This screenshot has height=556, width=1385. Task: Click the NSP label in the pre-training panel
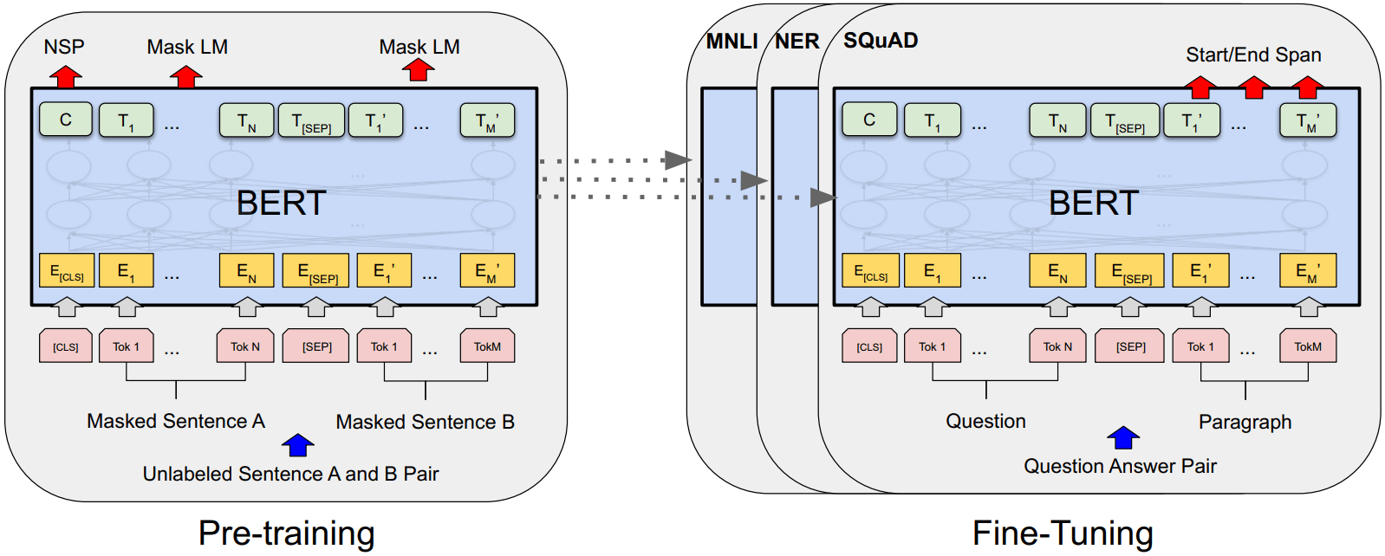(x=64, y=47)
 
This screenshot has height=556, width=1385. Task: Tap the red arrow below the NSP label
(x=65, y=76)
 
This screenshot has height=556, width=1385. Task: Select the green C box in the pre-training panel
(x=65, y=120)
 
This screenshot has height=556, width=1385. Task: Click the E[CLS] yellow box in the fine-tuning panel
(x=870, y=270)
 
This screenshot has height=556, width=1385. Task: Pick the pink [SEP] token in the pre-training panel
(x=316, y=346)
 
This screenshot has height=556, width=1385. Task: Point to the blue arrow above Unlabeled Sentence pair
(x=297, y=445)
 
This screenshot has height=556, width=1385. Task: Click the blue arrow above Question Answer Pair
(x=1123, y=438)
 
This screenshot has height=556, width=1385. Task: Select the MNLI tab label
(x=732, y=42)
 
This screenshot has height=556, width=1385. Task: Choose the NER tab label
(x=797, y=42)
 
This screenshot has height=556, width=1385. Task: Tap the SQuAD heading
(x=881, y=41)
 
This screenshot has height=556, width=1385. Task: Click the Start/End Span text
(x=1253, y=55)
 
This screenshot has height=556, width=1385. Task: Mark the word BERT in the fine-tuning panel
(x=1093, y=204)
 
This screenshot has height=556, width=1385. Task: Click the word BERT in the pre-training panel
(x=281, y=204)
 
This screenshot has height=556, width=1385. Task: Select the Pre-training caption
(x=286, y=533)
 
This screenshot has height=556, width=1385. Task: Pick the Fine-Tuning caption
(x=1063, y=533)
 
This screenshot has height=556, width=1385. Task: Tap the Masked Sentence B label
(x=425, y=422)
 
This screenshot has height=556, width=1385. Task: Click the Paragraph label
(x=1245, y=422)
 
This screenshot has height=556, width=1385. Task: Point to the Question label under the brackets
(x=985, y=421)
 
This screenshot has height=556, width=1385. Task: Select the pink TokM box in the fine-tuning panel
(x=1308, y=346)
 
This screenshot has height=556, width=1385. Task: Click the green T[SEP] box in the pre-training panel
(x=311, y=120)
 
